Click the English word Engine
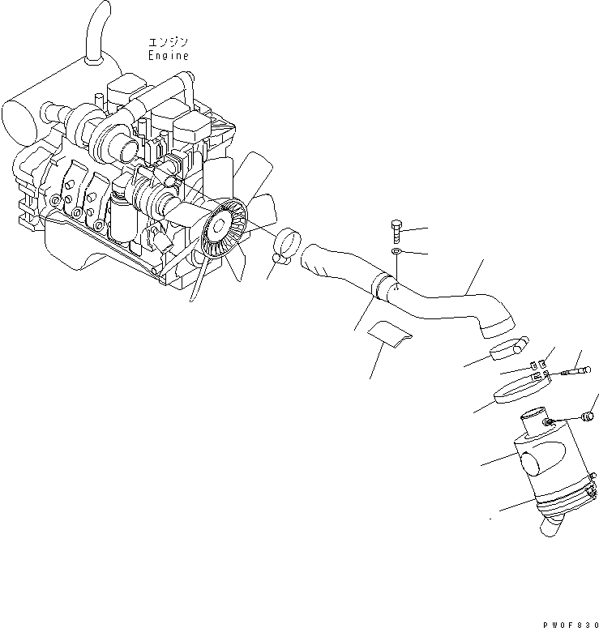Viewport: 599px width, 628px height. [168, 56]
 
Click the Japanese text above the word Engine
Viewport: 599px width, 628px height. [168, 41]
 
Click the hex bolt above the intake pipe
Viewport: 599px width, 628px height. [396, 230]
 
